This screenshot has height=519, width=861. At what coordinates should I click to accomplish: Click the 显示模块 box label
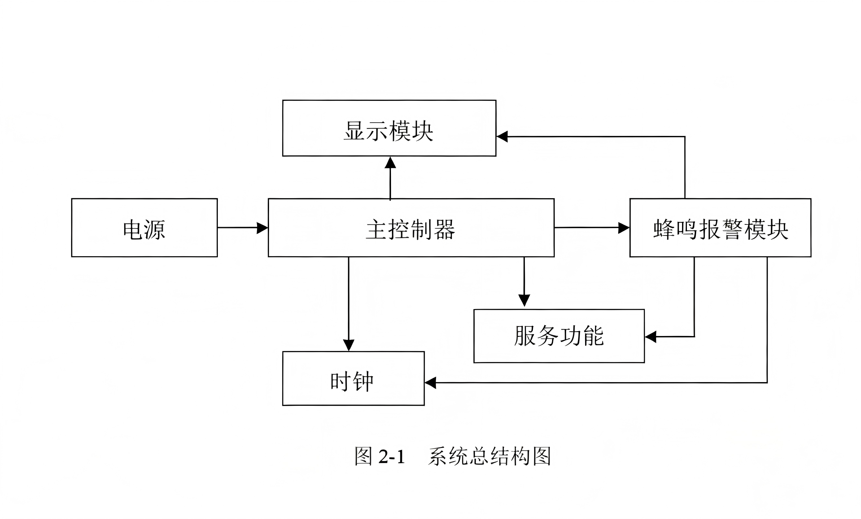pos(389,131)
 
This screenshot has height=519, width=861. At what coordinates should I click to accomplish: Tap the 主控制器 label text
pos(411,230)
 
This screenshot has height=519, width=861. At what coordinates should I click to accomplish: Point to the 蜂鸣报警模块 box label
pos(721,230)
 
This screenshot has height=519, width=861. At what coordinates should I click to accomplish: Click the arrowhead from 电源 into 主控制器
pos(263,228)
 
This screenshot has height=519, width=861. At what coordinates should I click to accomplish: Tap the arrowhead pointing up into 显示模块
pos(390,162)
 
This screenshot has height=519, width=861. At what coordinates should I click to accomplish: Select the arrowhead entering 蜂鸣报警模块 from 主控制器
pos(624,228)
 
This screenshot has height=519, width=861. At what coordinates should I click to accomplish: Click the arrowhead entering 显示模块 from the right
pos(502,136)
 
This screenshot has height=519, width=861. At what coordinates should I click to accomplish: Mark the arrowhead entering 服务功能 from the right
pos(651,337)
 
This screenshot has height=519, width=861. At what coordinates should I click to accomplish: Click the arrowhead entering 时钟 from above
pos(349,345)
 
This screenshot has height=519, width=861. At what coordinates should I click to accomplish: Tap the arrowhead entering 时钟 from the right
pos(430,383)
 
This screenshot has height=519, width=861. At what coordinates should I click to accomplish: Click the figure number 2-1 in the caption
pos(391,457)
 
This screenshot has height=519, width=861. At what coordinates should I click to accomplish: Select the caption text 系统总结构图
pos(490,456)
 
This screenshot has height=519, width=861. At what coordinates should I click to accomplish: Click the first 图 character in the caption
pos(363,456)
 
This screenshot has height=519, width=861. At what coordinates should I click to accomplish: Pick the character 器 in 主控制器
pos(445,230)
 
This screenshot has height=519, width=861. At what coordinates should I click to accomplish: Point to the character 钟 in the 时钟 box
pos(363,381)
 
